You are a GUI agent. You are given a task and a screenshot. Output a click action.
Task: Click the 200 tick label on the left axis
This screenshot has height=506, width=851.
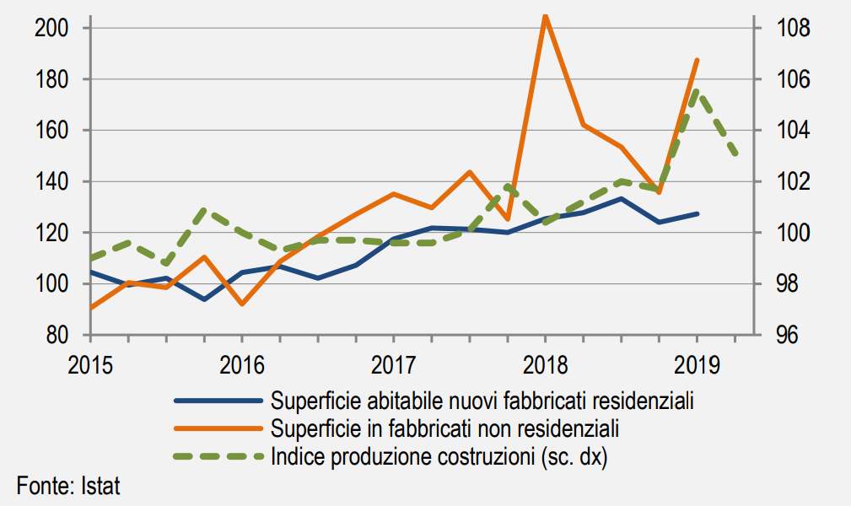[x=51, y=29]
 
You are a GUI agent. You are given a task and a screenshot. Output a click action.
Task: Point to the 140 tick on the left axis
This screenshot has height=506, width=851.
[x=51, y=181]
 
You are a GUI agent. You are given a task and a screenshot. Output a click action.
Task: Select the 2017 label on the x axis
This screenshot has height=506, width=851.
[x=393, y=366]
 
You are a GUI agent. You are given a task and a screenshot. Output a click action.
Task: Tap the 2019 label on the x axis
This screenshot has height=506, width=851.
[x=697, y=366]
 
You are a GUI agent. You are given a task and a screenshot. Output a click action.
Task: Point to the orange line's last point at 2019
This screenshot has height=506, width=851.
[x=697, y=60]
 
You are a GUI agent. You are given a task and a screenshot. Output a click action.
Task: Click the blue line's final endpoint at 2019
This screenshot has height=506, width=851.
[x=697, y=213]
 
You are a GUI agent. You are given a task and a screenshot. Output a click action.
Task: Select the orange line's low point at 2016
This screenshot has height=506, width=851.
[x=242, y=304]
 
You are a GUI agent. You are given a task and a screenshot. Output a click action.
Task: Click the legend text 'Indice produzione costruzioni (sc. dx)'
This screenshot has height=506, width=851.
[x=439, y=457]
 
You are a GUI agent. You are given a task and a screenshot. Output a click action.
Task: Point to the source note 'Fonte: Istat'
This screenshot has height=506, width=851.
[x=68, y=487]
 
